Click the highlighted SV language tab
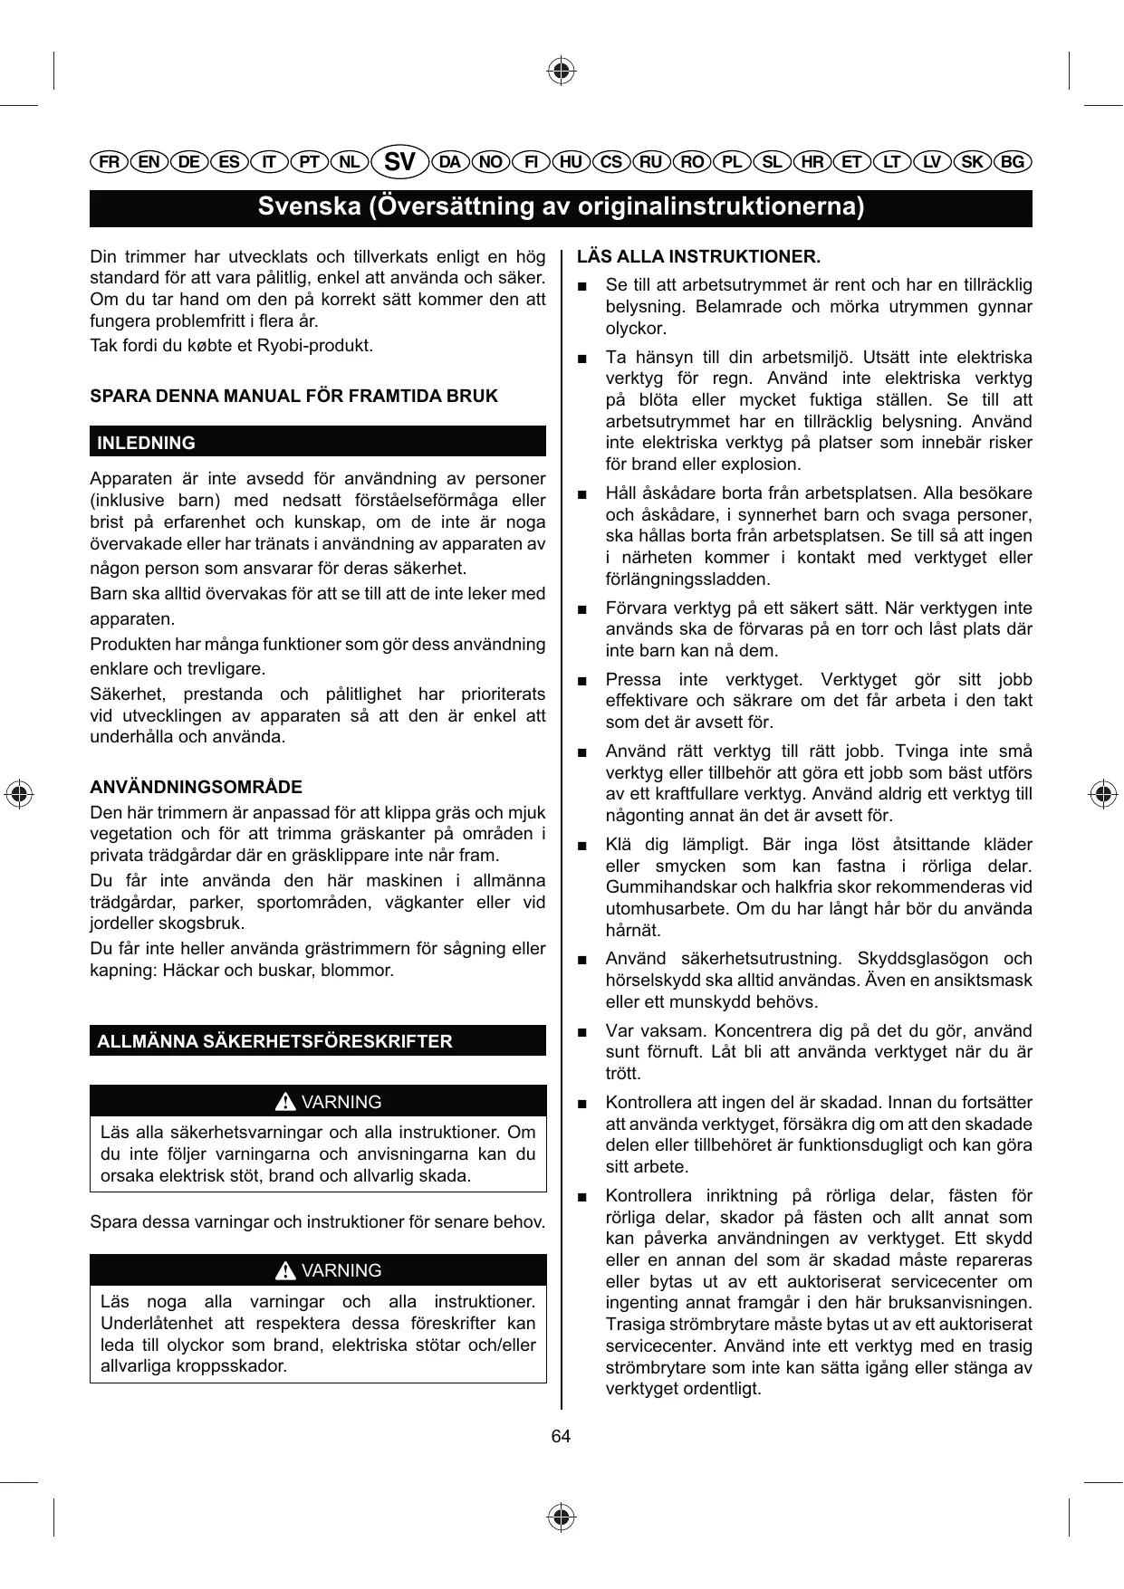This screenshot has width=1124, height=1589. tap(399, 162)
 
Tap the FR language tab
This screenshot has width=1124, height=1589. tap(109, 162)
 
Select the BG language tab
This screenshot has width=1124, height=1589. tap(1013, 162)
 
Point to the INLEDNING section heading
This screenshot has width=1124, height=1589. tap(146, 443)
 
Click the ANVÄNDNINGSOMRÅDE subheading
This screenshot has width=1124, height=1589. tap(196, 787)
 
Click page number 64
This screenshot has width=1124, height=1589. tap(561, 1437)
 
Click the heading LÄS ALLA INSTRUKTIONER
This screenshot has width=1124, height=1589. tap(698, 256)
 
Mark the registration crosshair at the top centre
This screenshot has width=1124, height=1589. tap(562, 70)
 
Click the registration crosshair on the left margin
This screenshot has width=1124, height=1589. tap(19, 792)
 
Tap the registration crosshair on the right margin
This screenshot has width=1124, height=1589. tap(1102, 794)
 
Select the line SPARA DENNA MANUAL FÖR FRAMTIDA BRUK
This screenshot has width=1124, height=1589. tap(293, 396)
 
